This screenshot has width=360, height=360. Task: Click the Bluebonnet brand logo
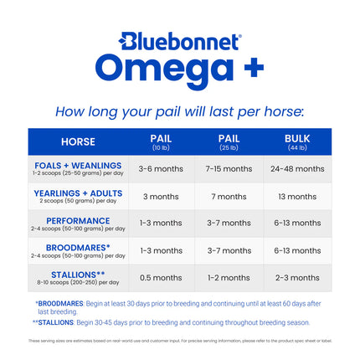180,41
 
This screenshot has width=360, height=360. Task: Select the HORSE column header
78,141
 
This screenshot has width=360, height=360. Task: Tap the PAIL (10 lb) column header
160,141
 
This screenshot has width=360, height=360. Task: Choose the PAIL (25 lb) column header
229,141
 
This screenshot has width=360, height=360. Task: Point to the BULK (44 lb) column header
297,141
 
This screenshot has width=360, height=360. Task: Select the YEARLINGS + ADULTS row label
78,196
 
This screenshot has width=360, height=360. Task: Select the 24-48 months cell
297,168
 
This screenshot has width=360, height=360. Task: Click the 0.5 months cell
160,278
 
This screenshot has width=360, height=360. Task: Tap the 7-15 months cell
229,168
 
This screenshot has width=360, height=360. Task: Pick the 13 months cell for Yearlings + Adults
297,196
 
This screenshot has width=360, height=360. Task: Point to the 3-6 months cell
160,168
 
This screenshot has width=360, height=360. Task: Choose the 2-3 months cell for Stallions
297,278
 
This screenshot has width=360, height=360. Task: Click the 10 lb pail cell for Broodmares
160,250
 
